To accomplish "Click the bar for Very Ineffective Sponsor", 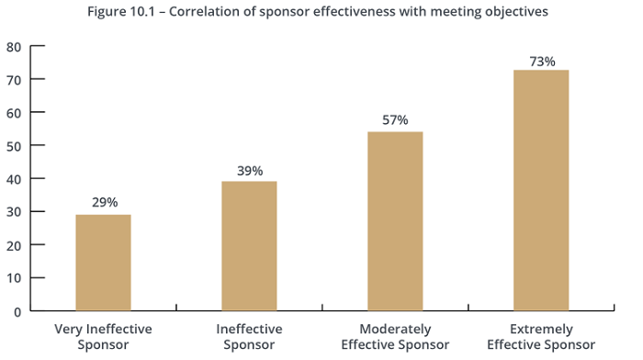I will point(103,263).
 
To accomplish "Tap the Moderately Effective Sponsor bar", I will point(395,221).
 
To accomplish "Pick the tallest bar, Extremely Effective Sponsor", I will point(541,190).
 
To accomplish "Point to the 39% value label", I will point(250,171).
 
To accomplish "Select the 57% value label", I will point(395,120).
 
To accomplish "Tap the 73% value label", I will point(542,62).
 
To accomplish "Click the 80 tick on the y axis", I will point(14,47).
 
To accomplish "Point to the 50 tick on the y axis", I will point(14,146).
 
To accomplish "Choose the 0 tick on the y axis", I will point(17,311).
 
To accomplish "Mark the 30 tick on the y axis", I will point(14,212).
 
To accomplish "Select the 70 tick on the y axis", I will point(14,80).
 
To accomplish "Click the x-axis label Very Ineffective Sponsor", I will point(103,336).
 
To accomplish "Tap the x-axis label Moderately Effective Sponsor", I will point(394,336).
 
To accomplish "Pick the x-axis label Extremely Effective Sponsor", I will point(542,336).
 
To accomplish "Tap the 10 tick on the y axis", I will point(14,278).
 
